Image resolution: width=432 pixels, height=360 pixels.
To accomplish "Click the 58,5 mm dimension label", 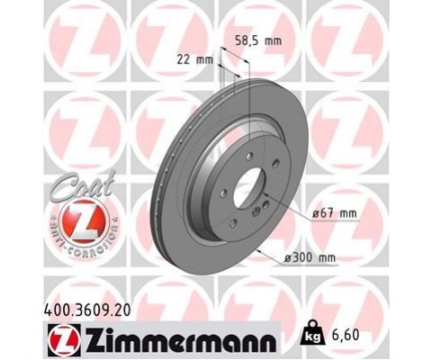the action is [x=258, y=40].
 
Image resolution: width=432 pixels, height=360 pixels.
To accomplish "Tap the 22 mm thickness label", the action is [x=194, y=60].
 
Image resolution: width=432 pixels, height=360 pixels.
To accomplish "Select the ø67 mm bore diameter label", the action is [x=335, y=213].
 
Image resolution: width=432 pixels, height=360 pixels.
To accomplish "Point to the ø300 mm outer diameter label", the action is [x=310, y=257].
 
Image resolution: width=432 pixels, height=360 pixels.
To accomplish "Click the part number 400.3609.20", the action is [x=87, y=310].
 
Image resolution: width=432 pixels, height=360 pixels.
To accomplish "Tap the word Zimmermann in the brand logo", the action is [x=181, y=341].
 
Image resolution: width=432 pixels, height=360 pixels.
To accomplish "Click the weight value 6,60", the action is [x=346, y=335].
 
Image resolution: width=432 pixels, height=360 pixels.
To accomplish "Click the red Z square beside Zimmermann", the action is [x=64, y=340].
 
